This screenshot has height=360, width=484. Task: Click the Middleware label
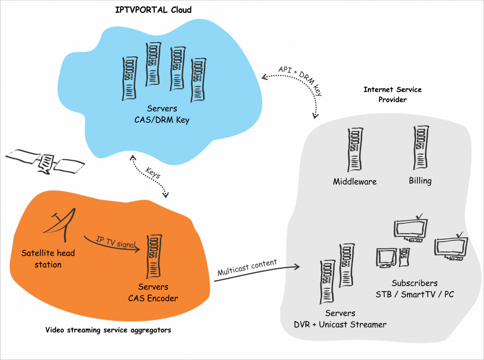click(x=354, y=181)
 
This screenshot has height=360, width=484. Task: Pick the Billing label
click(x=420, y=181)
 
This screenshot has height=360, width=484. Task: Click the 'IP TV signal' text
click(x=116, y=243)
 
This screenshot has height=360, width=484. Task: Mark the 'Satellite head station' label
click(x=48, y=259)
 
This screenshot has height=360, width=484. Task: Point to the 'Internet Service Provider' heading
click(x=392, y=94)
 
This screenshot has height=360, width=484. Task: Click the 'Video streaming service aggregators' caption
click(x=108, y=330)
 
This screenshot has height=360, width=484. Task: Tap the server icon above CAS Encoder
click(x=153, y=255)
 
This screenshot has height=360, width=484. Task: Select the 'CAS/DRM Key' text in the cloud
click(x=162, y=120)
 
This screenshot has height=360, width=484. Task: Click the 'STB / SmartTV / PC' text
click(x=415, y=295)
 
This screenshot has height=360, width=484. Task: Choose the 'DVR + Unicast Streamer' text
click(x=340, y=325)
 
